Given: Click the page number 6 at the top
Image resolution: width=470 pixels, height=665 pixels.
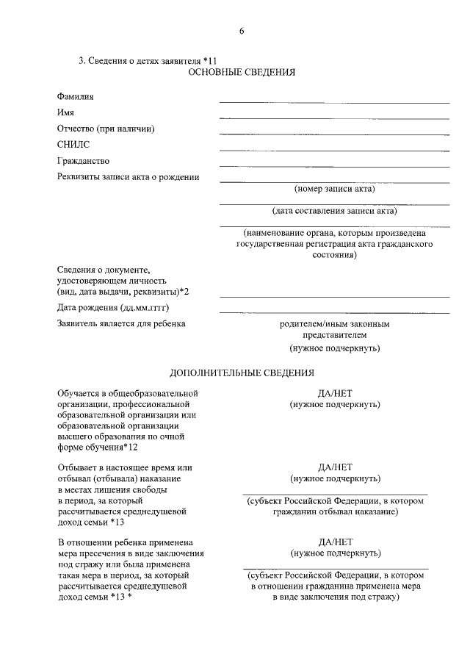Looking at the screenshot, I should [x=241, y=30].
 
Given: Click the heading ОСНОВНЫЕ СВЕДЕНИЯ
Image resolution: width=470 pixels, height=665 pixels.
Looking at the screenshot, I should [x=242, y=73].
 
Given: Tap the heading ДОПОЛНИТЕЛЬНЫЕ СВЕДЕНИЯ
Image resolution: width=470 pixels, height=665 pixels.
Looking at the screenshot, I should [x=242, y=373].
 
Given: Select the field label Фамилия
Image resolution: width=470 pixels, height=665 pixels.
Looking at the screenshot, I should [x=76, y=96].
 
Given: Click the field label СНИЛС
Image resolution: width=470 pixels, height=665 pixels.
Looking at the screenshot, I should [x=73, y=145].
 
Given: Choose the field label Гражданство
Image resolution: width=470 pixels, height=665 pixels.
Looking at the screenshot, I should [x=83, y=161].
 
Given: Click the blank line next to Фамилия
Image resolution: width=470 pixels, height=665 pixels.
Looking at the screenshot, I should [x=334, y=101].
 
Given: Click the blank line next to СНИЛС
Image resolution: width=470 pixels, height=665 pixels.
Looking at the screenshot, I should [x=334, y=150].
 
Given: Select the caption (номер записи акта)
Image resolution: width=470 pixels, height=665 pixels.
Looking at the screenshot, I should [x=334, y=189].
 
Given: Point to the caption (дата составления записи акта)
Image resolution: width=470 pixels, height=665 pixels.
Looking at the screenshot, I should [x=334, y=212].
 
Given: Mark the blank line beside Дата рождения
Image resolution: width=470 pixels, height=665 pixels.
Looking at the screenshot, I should [x=334, y=312].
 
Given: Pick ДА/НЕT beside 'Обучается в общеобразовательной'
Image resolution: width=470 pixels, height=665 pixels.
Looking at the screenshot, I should [x=335, y=393].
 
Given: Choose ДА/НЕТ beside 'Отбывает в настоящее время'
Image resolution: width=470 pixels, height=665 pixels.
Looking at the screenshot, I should [x=335, y=468].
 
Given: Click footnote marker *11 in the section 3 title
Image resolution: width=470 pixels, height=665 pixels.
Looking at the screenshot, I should [x=209, y=61].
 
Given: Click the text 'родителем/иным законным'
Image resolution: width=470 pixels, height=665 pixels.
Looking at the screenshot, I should [x=335, y=323].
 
